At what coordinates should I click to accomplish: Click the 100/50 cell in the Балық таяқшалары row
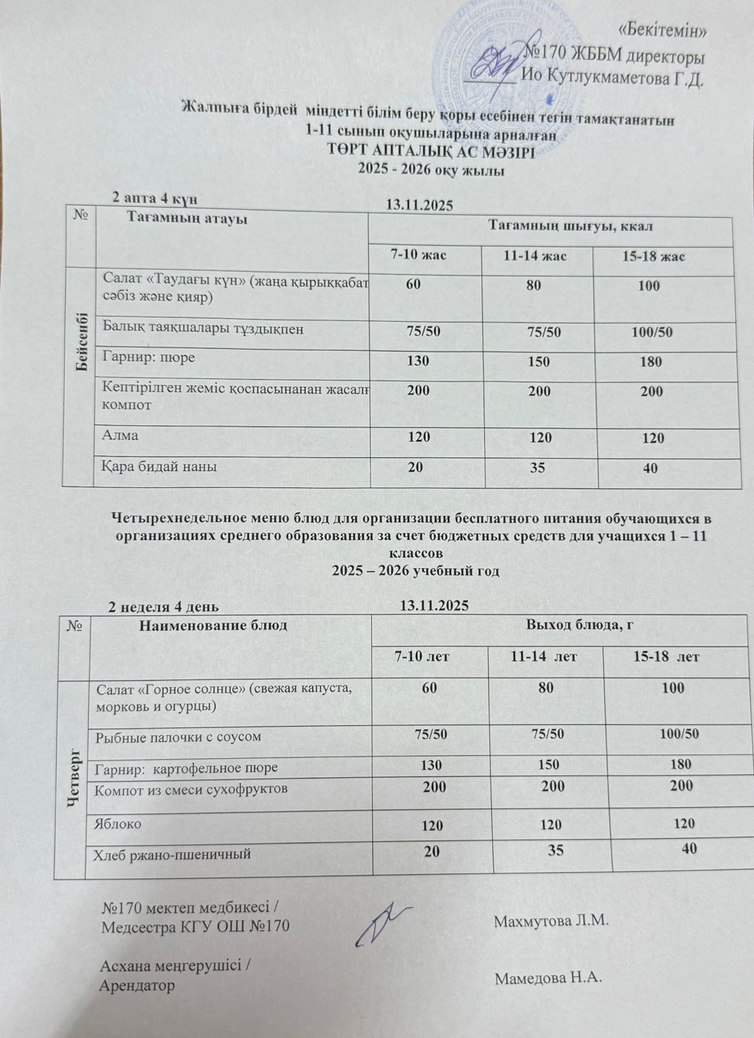(x=652, y=333)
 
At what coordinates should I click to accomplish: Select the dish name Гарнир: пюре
(x=148, y=357)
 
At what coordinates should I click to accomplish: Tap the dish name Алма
(x=120, y=435)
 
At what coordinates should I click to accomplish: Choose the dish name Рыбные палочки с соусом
(x=178, y=737)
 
